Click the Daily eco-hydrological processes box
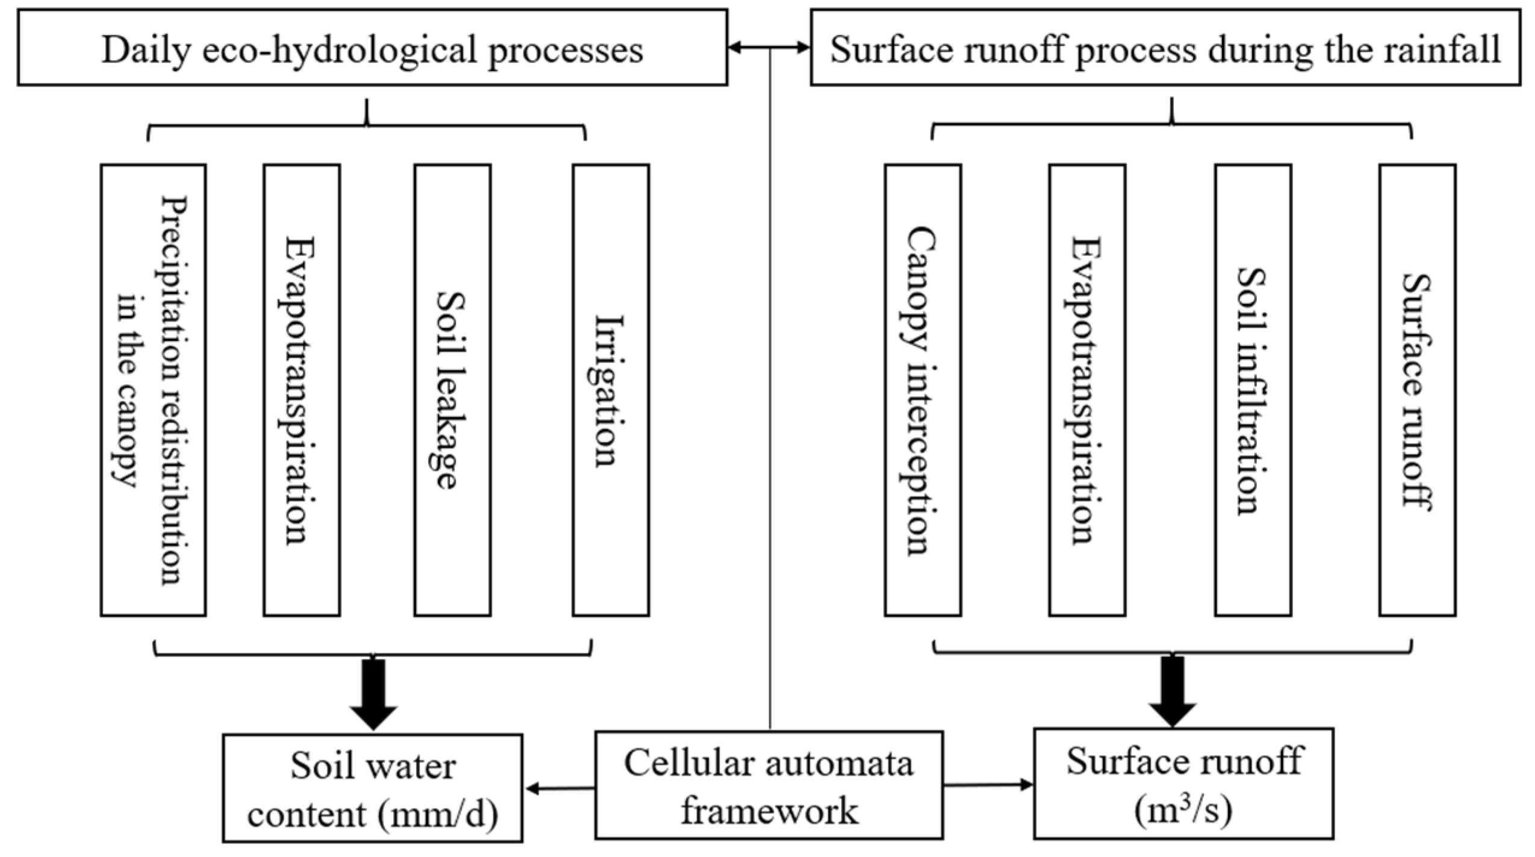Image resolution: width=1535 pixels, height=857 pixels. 372,48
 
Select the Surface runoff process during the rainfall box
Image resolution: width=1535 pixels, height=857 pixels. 1165,48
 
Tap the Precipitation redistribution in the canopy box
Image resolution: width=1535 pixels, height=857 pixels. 153,390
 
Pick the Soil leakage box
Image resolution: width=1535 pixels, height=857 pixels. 452,390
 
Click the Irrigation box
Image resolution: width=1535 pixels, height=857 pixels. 610,390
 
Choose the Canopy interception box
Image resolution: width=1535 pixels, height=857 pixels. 922,390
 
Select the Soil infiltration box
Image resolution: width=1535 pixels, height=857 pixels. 1253,390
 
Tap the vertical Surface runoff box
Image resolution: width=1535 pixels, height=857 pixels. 1417,390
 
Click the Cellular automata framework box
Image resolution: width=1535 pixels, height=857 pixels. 769,785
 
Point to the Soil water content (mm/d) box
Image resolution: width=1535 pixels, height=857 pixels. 372,788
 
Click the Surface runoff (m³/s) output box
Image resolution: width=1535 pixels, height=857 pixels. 1183,783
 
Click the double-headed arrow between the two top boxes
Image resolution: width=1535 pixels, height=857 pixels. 769,48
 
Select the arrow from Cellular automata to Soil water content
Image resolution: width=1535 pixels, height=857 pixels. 560,788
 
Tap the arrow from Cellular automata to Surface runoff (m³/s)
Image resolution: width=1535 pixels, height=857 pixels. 987,784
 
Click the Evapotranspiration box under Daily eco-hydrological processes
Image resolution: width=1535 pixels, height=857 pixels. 302,390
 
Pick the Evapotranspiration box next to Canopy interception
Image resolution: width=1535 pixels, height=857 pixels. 1087,390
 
